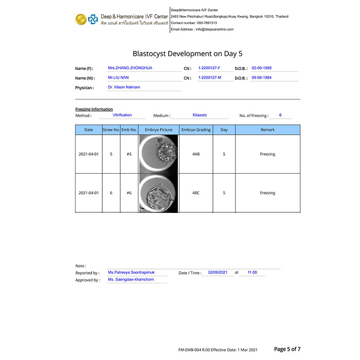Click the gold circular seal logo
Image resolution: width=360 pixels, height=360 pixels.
coord(80,20)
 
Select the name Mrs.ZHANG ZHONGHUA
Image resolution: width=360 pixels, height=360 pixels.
coord(130,68)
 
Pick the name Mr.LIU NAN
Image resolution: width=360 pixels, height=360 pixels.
coord(118,78)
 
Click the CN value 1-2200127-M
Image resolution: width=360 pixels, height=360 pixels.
coord(209,78)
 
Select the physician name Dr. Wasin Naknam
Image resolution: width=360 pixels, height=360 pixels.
coord(124,87)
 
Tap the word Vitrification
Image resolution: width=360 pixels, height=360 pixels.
coord(122,115)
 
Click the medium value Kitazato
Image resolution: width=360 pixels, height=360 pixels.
coord(200,115)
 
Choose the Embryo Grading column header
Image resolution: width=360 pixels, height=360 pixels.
coord(196,130)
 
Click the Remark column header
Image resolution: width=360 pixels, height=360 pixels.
coord(267,130)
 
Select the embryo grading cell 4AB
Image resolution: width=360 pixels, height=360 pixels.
coord(196,154)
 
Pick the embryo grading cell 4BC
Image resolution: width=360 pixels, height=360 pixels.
coord(196,193)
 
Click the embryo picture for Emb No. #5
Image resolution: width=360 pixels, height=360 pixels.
coord(158,154)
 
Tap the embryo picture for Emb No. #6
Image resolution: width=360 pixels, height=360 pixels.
coord(158,193)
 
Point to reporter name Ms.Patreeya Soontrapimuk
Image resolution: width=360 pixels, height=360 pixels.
coord(138,272)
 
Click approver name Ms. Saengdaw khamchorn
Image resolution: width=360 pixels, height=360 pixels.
coord(131,279)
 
